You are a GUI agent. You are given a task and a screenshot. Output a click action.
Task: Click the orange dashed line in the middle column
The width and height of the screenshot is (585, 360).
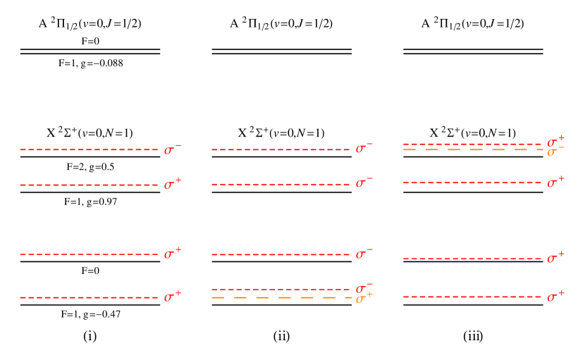pos(281,298)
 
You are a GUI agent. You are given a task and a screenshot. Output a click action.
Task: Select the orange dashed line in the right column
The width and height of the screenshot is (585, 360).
pos(472,150)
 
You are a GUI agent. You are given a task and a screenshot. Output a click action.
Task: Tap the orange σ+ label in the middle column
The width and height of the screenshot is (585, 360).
pos(364,299)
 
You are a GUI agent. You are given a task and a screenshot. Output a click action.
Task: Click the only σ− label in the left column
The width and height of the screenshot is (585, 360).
pos(172,149)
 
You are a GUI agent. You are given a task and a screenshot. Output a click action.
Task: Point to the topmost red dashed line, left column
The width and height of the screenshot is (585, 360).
pos(89,149)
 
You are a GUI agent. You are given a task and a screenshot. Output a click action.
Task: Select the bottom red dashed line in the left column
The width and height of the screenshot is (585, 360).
pos(89,297)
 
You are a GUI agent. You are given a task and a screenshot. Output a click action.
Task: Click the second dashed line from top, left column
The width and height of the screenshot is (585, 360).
pos(89,185)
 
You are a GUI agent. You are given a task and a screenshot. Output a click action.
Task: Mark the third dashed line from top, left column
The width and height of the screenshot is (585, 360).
pos(89,254)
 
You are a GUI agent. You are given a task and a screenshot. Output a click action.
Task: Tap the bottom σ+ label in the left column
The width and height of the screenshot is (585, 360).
pos(172,297)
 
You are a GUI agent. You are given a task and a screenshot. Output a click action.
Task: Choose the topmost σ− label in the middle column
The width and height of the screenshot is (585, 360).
pos(364,148)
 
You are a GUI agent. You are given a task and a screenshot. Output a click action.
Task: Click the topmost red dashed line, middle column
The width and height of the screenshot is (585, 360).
pos(281,149)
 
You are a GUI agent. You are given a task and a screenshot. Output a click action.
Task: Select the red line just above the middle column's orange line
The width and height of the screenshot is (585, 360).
pos(281,289)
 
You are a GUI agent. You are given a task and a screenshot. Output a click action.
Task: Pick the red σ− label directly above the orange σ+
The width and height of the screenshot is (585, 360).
pos(364,287)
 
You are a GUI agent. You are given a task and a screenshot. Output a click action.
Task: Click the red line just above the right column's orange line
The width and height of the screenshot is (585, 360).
pos(472,144)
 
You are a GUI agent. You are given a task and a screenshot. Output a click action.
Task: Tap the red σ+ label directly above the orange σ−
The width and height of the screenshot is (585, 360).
pos(555,142)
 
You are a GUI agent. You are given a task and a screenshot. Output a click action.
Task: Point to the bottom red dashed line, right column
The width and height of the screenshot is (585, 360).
pos(472,297)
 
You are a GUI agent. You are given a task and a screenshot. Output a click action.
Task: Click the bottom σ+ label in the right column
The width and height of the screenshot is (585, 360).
pos(555,296)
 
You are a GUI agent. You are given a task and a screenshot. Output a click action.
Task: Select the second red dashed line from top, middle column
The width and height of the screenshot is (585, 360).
pos(281,185)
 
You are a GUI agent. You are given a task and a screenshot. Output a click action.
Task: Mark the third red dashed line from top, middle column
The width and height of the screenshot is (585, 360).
pos(281,254)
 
